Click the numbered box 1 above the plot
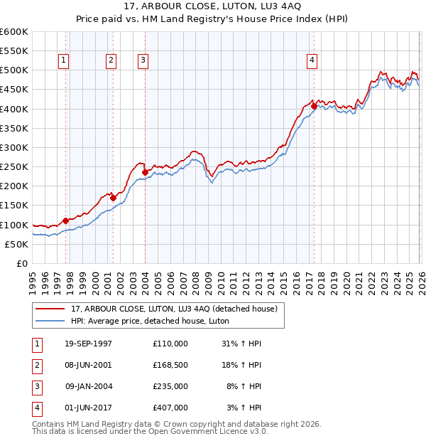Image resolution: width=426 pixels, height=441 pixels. pos(64,61)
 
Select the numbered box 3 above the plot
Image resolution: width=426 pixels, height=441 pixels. pos(143,61)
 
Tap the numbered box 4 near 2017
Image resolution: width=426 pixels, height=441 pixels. pos(312,61)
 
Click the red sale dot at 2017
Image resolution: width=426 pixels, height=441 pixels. pos(313,106)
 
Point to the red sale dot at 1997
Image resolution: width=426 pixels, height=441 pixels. pos(66,220)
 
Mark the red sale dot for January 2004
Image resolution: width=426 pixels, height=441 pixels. pos(145,172)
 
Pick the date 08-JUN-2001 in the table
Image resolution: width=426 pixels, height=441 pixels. pos(89,365)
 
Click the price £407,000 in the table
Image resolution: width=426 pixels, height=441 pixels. pos(170,408)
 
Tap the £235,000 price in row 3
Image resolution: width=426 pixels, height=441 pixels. pos(170,386)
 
